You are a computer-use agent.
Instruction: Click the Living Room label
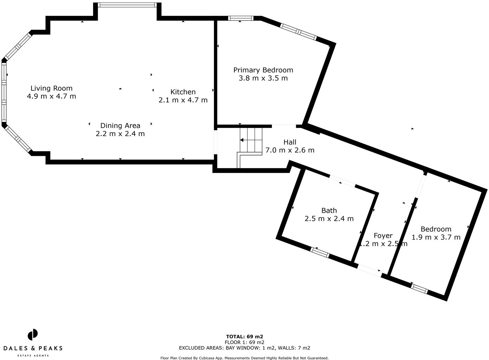point(51,88)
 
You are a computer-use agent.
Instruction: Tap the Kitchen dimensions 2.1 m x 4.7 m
point(183,100)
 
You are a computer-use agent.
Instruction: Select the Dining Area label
point(120,126)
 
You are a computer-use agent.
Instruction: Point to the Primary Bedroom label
point(263,70)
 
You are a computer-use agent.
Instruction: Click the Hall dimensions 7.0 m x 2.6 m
point(290,150)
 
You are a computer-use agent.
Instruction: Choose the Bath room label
point(329,211)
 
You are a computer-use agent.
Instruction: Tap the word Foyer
point(383,236)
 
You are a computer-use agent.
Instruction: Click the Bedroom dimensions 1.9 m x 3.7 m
point(436,237)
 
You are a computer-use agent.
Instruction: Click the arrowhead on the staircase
point(242,140)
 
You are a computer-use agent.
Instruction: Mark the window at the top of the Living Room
point(127,5)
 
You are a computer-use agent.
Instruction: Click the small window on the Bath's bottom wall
point(320,252)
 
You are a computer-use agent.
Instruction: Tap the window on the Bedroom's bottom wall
point(420,289)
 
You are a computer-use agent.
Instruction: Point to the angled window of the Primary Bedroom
point(299,32)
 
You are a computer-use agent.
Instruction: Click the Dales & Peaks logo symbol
point(33,335)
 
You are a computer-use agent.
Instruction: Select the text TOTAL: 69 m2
point(244,336)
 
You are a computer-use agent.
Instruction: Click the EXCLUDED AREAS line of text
point(244,348)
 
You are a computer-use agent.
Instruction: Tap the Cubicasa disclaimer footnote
point(244,358)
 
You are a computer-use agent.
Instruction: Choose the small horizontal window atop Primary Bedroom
point(241,18)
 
